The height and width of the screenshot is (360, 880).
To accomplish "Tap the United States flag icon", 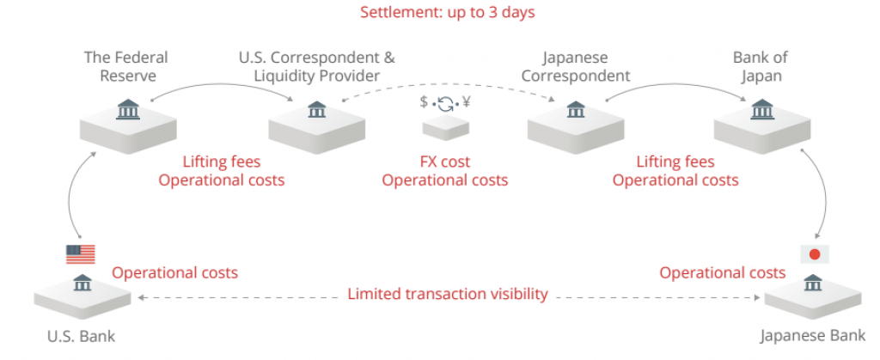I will [81, 254].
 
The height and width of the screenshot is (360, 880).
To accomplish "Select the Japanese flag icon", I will [812, 254].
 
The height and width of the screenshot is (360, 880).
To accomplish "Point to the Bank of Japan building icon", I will [761, 109].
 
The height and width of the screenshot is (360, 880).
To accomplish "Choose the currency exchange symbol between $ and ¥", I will [445, 105].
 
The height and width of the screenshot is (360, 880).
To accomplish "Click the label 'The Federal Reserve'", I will [125, 66].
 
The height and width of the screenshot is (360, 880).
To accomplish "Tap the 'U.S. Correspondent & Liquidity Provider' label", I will [316, 66].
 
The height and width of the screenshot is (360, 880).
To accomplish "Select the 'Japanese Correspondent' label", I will [575, 66].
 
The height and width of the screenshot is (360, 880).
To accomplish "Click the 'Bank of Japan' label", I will [761, 66].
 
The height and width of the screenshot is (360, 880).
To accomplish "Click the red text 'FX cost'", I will [444, 162].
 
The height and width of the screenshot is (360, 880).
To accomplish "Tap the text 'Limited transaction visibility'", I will [447, 294].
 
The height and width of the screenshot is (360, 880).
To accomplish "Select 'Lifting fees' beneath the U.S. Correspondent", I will [222, 162].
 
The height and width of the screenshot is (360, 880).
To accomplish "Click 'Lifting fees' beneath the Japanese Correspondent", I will [675, 162].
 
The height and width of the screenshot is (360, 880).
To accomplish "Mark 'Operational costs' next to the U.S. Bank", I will [174, 272].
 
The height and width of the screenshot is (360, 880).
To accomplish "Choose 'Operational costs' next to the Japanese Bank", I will [722, 272].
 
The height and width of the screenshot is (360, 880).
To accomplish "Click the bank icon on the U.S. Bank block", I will [82, 284].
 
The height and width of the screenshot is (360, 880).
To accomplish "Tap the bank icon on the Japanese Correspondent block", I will [575, 110].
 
